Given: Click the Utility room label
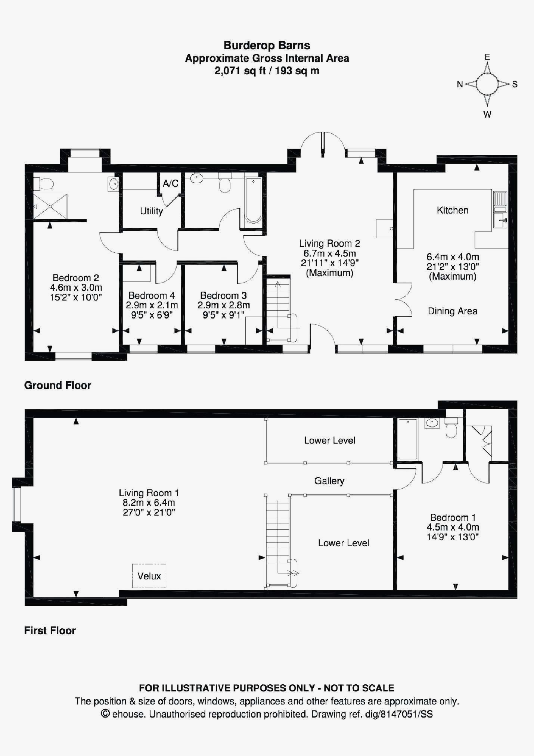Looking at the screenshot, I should coord(151,211).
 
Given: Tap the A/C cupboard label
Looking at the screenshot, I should coord(170,183).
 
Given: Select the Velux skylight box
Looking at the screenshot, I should coord(149,576).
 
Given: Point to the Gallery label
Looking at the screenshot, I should coord(329,481).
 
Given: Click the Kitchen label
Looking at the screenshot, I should coord(452,210).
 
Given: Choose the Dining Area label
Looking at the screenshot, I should coord(452,311).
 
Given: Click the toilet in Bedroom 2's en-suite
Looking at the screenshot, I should coord(44,184).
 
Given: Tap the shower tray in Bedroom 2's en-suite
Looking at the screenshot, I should coord(50,206).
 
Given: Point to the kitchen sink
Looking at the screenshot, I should coord(500,220).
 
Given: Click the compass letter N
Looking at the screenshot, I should coord(460,84).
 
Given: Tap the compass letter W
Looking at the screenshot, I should coord(487,115).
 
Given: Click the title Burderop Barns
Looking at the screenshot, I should coord(267,46).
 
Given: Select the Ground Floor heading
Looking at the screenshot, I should coord(58,385).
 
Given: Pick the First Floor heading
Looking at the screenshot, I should coord(50,631).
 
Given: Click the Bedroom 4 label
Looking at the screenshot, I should coord(151,296).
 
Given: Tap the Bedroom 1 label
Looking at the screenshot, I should coord(453,517).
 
